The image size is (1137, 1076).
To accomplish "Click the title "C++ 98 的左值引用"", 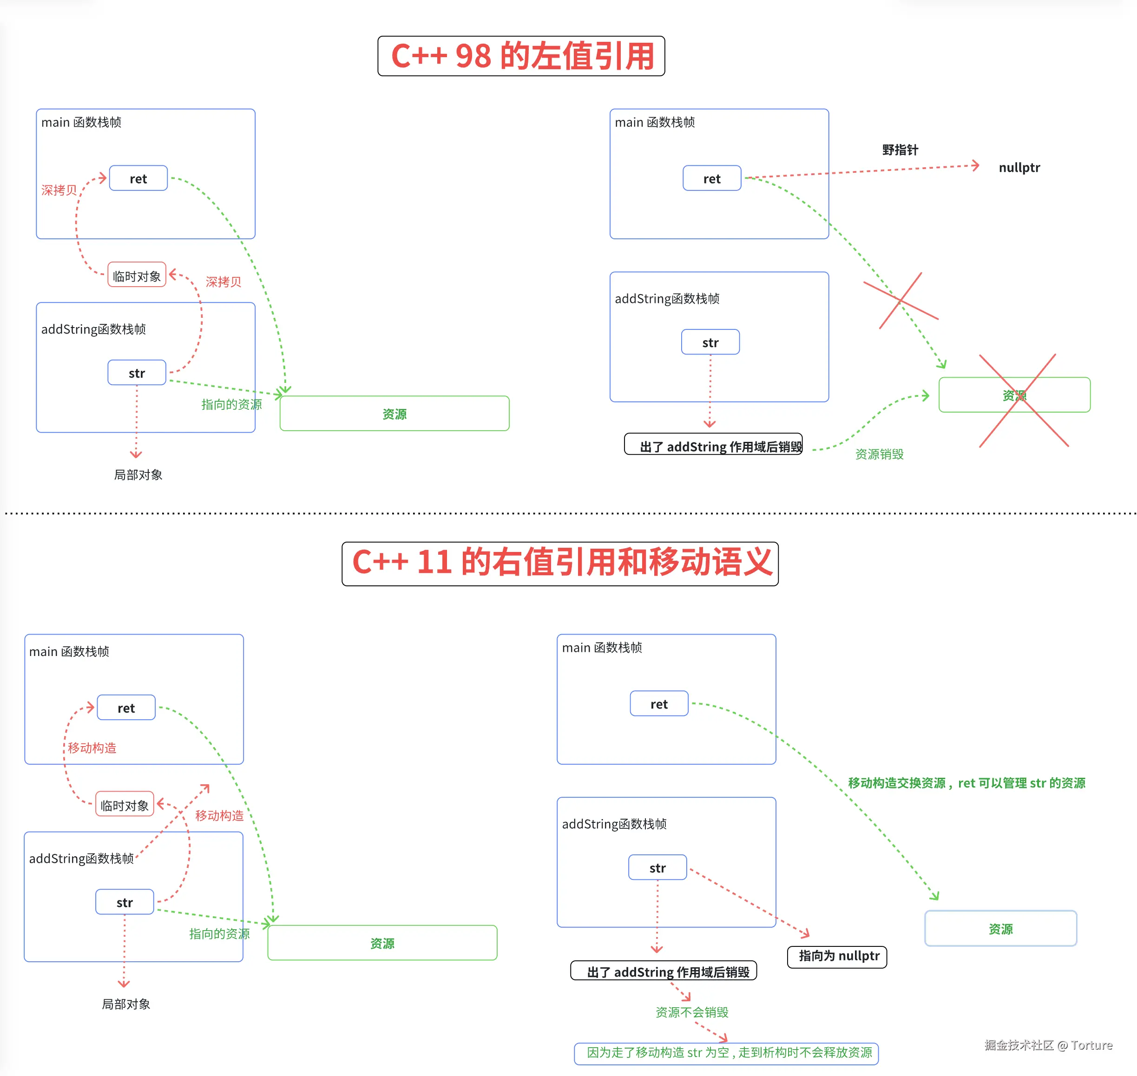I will pos(521,56).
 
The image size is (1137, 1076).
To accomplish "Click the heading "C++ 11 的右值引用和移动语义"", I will pos(560,563).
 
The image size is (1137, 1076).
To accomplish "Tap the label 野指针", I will pos(900,150).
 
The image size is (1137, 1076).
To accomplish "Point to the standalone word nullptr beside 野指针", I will pos(1019,167).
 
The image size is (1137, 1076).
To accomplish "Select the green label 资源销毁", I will pos(879,454).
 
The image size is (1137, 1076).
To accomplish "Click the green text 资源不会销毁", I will pos(691,1012).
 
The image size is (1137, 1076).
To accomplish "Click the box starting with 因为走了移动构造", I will pos(726,1052).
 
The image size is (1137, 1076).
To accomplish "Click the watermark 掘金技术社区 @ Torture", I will pos(1048,1045).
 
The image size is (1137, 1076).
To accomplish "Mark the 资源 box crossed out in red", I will pos(1014,395).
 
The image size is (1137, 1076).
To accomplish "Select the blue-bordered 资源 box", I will pos(1000,929).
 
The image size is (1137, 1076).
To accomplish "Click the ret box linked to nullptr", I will pos(711,179).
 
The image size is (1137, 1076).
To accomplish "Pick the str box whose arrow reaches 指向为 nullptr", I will pos(657,868).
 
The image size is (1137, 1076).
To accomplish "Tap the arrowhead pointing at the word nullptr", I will pos(975,166).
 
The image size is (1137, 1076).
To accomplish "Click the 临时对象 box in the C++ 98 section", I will pos(137,276).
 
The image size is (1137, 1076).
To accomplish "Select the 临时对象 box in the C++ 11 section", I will pos(125,805).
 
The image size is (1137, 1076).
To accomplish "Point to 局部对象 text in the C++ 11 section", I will pos(125,1004).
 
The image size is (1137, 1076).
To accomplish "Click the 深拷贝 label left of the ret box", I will pos(59,190).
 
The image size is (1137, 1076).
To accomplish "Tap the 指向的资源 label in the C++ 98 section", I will pos(231,404).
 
